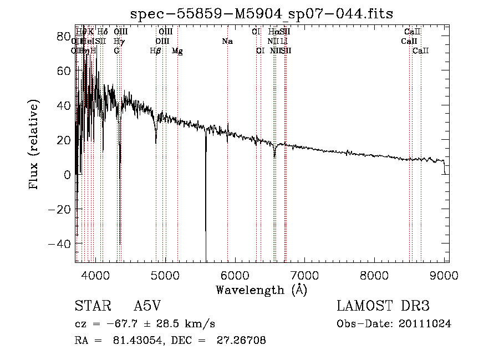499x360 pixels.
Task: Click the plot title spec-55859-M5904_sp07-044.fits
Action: click(261, 13)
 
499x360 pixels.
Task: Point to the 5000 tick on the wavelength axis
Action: click(165, 261)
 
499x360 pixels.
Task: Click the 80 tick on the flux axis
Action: click(75, 36)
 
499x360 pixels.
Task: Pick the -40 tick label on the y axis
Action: click(59, 244)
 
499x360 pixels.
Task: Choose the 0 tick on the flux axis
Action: click(75, 175)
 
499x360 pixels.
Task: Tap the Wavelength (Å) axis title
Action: click(261, 290)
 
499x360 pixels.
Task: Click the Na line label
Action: click(227, 42)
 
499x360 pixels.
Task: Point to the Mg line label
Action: click(177, 51)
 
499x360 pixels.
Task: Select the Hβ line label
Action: click(156, 51)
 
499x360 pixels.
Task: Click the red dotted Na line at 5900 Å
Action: click(228, 166)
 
